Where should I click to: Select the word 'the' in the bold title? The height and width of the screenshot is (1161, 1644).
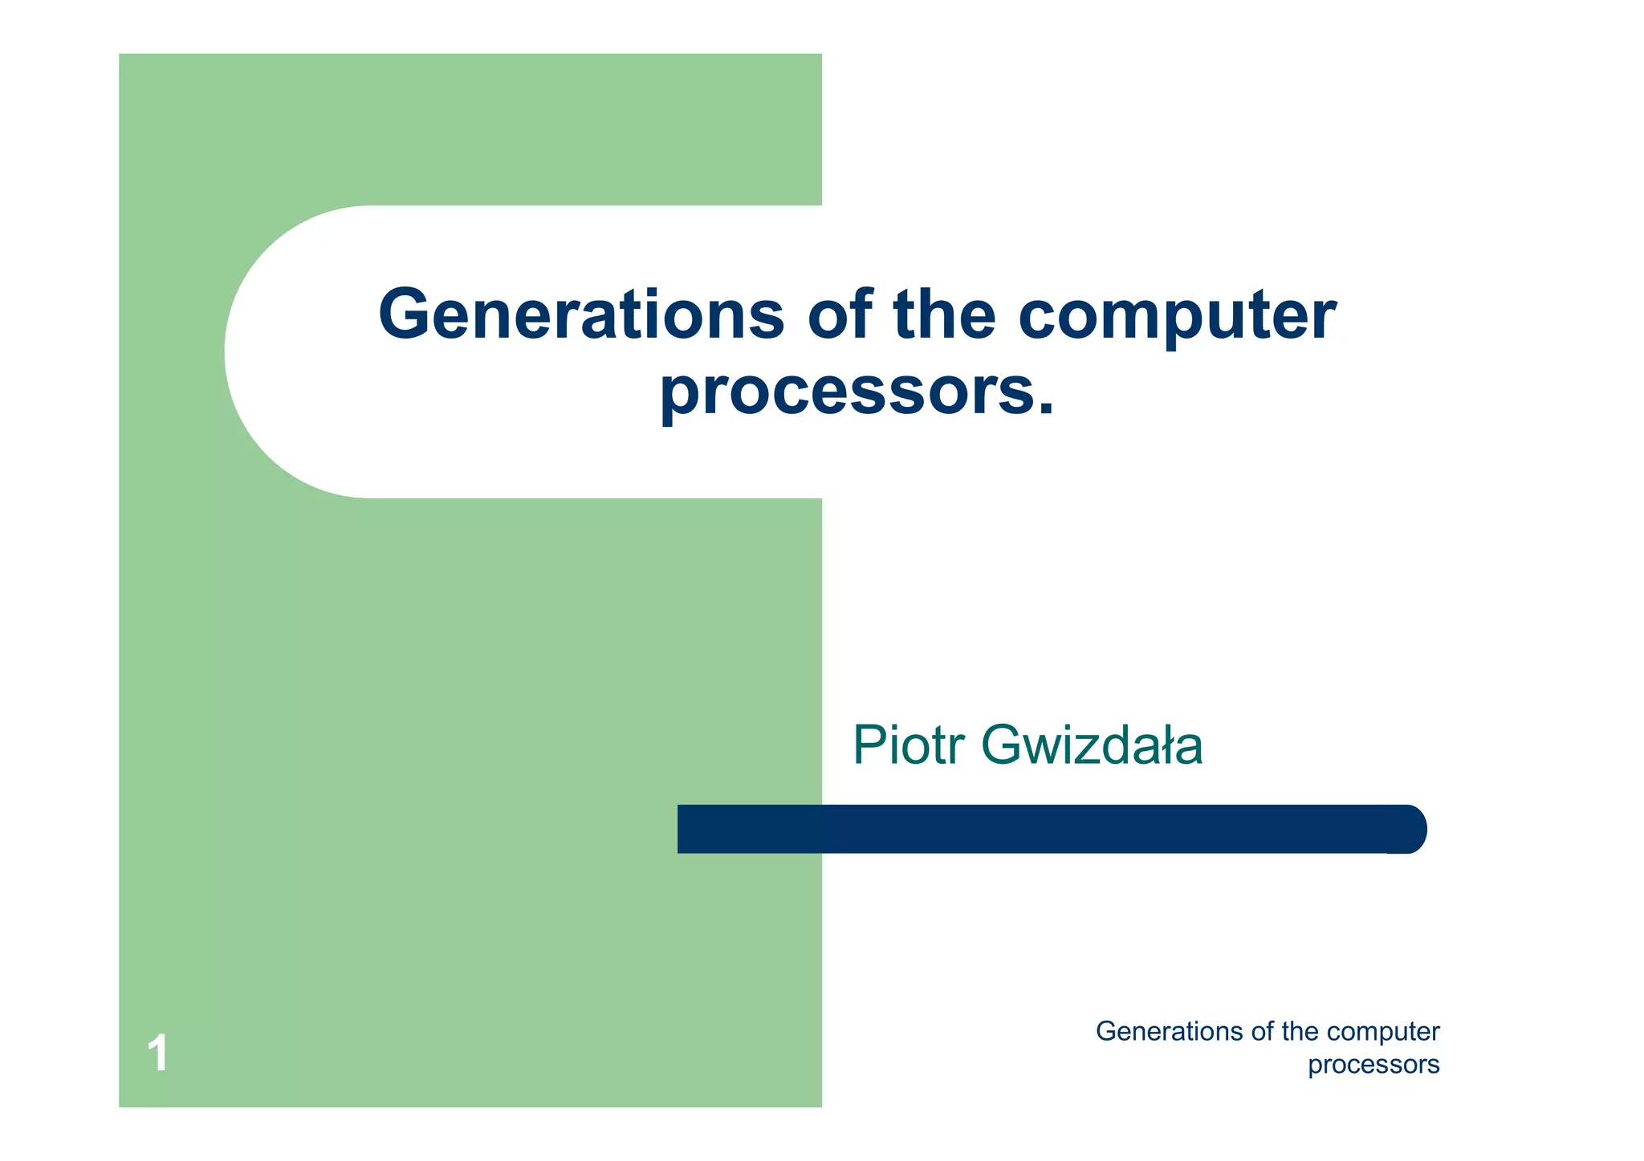tap(944, 315)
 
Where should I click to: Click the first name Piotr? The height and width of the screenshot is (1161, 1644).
tap(908, 745)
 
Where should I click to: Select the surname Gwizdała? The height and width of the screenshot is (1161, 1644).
tap(1092, 745)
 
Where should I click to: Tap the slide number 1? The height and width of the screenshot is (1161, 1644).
tap(158, 1053)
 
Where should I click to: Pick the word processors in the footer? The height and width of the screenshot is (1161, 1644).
tap(1373, 1066)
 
